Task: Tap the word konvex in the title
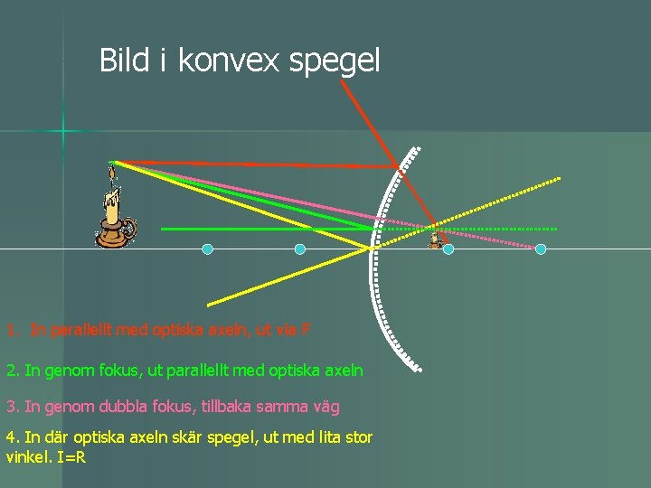click(x=233, y=61)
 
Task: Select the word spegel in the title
click(x=337, y=62)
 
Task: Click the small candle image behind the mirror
click(x=439, y=239)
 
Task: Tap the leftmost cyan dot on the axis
click(x=207, y=249)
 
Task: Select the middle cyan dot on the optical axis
click(x=300, y=249)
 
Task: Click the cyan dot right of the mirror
click(x=541, y=249)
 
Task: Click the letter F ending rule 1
click(x=307, y=331)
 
